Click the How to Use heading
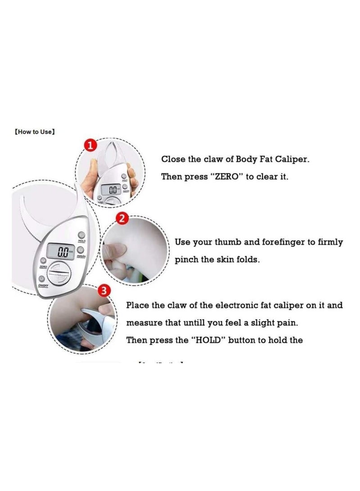tap(35, 132)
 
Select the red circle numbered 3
tap(104, 291)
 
